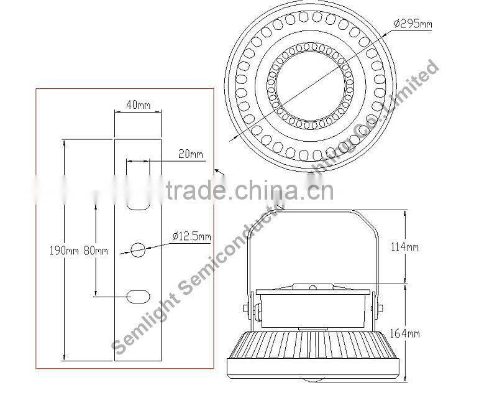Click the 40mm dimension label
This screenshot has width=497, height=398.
[138, 105]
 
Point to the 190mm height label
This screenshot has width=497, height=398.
[63, 251]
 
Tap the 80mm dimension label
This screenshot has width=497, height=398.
[96, 251]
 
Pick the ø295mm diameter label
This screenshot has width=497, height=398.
[413, 24]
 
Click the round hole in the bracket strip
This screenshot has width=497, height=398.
[138, 250]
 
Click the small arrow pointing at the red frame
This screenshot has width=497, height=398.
[217, 170]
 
